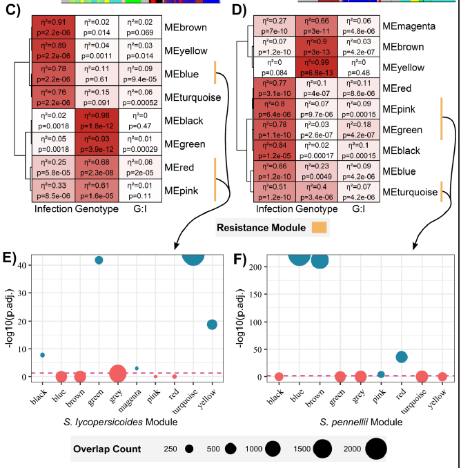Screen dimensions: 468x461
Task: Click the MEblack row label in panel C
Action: click(x=184, y=120)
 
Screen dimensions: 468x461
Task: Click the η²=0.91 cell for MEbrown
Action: click(x=52, y=26)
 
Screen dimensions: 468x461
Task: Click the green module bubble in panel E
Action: click(x=99, y=260)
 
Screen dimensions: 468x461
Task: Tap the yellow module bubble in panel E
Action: click(x=212, y=324)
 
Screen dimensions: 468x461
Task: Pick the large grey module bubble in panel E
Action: click(x=118, y=373)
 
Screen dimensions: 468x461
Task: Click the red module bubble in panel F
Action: click(x=401, y=357)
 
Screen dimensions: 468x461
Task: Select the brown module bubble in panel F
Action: click(x=320, y=260)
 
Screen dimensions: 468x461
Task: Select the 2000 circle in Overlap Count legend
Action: click(x=376, y=449)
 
